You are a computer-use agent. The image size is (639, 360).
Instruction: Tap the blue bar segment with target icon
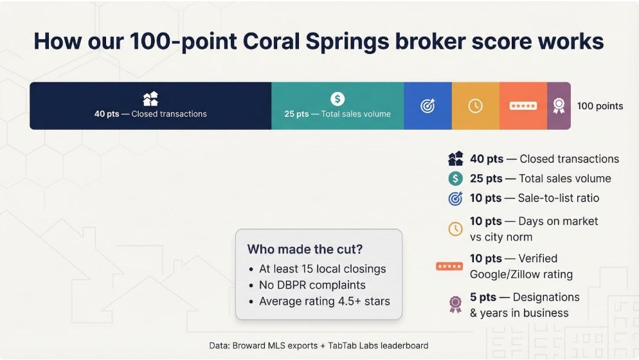point(428,106)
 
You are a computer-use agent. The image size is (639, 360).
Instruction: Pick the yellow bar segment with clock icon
point(475,106)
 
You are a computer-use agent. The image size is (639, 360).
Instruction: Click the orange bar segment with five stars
point(523,106)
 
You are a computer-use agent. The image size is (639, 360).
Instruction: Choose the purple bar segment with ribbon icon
point(559,106)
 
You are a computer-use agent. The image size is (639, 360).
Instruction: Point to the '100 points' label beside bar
point(599,106)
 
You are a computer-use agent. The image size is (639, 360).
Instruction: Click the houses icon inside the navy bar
point(150,98)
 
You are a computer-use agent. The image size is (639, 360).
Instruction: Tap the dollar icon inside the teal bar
point(337,98)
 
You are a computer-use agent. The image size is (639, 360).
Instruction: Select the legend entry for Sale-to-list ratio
point(534,198)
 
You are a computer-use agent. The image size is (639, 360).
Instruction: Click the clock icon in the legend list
point(455,228)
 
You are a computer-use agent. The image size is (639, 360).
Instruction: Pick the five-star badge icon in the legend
point(449,266)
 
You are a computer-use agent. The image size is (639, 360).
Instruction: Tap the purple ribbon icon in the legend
point(455,304)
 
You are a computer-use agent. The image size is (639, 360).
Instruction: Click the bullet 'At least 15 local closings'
point(322,269)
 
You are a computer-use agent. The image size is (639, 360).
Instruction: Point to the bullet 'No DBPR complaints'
point(312,285)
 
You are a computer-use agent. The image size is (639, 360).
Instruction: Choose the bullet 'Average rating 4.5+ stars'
point(324,301)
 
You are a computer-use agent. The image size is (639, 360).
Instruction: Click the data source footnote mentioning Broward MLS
point(319,345)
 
